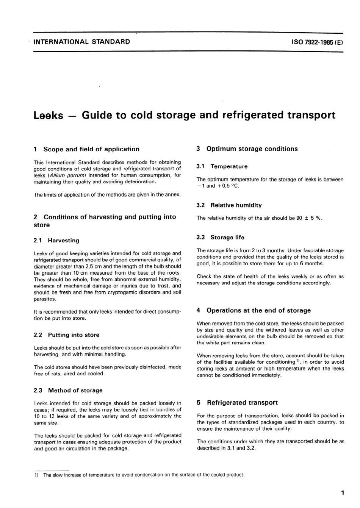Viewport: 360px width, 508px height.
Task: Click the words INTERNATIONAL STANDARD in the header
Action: click(x=82, y=42)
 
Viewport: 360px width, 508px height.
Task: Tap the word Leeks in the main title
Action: click(x=48, y=115)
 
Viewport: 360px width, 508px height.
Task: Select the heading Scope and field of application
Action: click(x=91, y=149)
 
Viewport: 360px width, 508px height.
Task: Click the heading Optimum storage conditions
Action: click(x=252, y=149)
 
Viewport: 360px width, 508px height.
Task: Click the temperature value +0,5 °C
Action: click(x=228, y=186)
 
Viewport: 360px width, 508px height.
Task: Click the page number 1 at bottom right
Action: click(x=342, y=493)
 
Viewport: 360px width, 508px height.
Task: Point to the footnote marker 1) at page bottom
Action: click(x=37, y=475)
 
